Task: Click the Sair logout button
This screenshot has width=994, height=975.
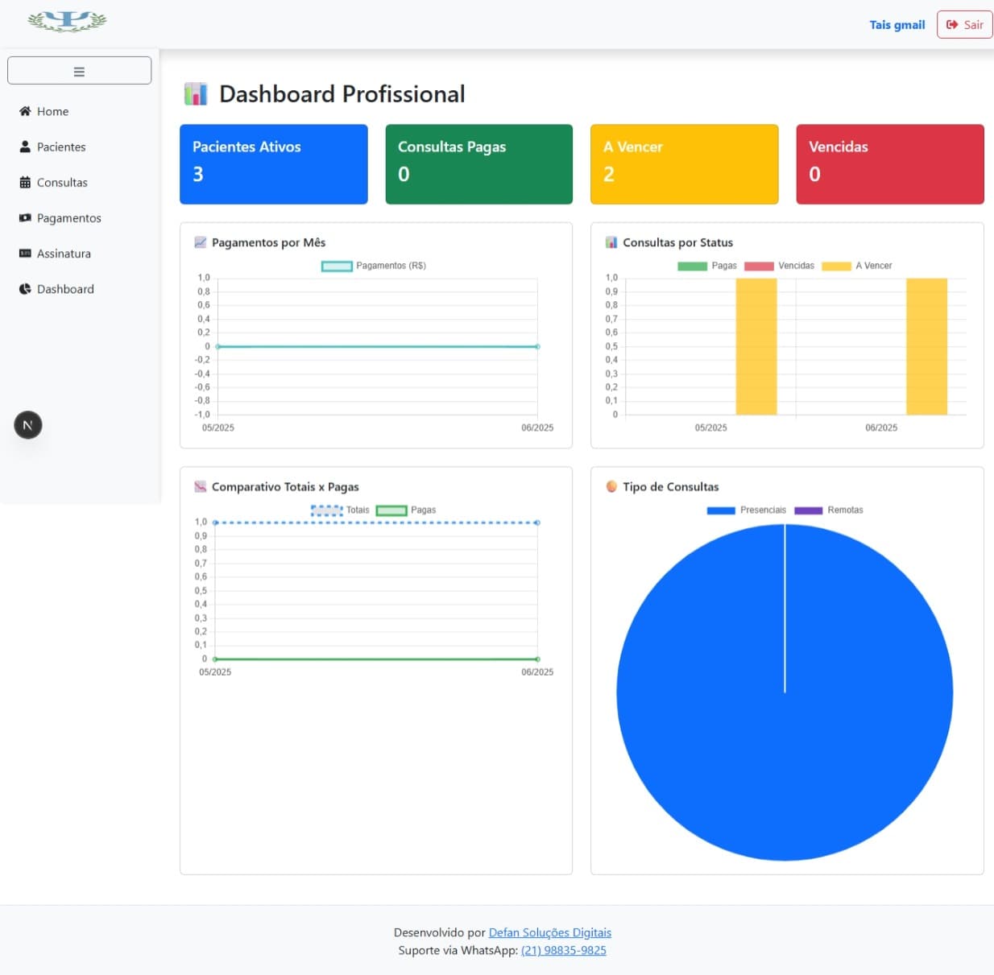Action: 964,25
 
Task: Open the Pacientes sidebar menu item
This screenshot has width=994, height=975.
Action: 60,147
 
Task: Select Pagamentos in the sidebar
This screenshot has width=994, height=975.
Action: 68,218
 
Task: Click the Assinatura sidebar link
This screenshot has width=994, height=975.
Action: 63,254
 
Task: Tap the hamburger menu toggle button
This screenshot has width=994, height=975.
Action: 79,71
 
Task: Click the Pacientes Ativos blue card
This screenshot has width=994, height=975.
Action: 273,163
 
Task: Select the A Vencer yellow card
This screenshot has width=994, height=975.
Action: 684,163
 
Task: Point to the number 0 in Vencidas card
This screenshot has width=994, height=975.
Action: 814,174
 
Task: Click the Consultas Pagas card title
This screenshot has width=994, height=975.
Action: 452,147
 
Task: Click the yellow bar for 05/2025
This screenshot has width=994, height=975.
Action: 756,346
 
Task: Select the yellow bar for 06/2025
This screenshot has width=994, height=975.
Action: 926,346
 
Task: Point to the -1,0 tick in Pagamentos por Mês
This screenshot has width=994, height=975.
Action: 203,415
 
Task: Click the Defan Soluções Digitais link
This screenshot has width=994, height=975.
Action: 549,932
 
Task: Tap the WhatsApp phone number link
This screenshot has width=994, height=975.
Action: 563,950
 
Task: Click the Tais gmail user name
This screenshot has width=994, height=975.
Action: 897,25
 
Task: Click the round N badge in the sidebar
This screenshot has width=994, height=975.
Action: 28,425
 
